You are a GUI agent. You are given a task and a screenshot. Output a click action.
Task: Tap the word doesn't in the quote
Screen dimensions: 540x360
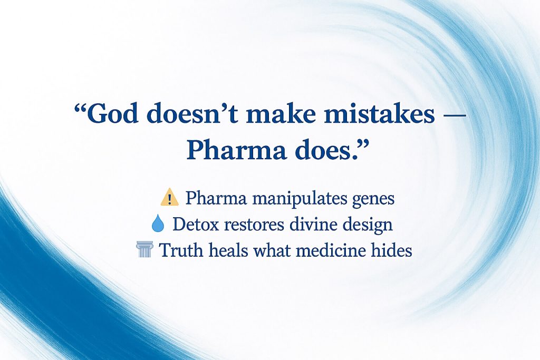click(192, 113)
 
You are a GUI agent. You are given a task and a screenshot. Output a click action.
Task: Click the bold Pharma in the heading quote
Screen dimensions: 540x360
click(236, 150)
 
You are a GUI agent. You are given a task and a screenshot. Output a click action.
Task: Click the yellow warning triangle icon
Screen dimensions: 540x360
click(169, 197)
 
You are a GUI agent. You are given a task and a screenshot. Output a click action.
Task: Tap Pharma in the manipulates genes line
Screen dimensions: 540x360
click(216, 198)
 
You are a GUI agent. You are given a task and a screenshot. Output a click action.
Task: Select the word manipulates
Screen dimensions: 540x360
click(299, 199)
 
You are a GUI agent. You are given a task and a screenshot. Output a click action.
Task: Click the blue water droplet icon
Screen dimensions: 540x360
click(158, 223)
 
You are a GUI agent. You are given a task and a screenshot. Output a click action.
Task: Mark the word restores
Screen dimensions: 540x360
click(254, 225)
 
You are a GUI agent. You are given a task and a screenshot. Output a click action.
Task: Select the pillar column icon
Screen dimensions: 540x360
click(144, 249)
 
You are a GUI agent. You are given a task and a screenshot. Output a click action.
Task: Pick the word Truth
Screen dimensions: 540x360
click(181, 250)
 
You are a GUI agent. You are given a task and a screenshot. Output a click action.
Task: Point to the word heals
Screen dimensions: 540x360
click(228, 250)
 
